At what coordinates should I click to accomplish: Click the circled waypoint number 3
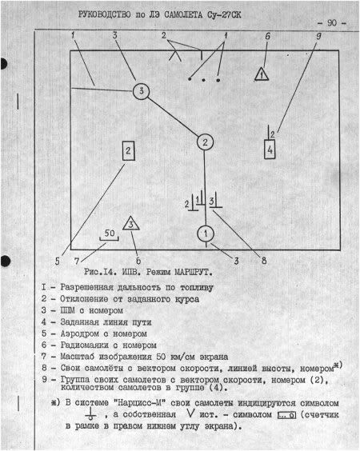coord(141,90)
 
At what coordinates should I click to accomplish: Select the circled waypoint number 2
coord(205,142)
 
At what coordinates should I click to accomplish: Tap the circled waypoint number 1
coord(205,233)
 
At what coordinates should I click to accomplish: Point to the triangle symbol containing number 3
coord(130,225)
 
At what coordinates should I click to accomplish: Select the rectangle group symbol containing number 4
coord(270,150)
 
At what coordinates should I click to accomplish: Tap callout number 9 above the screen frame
coord(318,37)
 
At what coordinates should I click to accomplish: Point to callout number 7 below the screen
coord(78,261)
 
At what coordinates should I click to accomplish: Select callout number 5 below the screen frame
coord(58,261)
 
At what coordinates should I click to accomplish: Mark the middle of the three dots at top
coord(203,79)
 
